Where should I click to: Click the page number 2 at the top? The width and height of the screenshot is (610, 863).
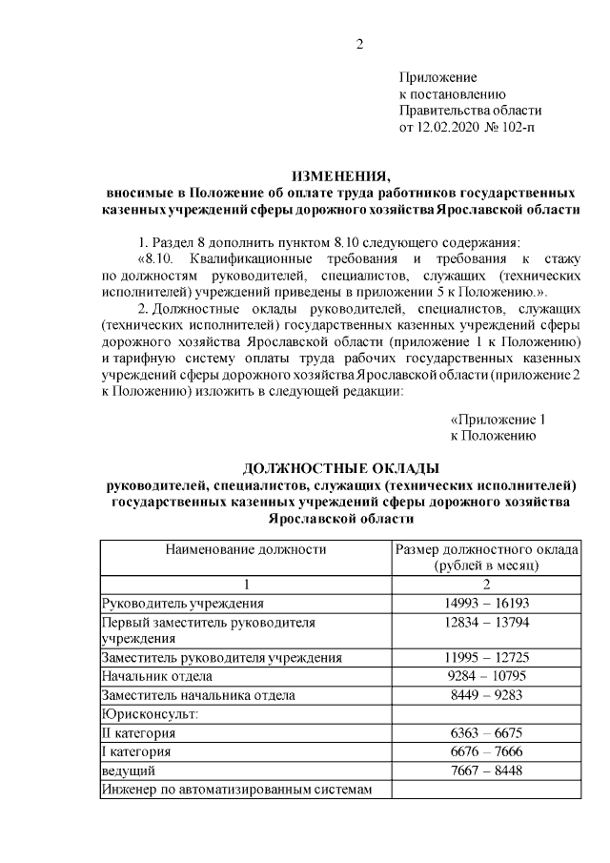click(x=359, y=44)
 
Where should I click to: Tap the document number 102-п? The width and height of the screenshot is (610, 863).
click(x=516, y=126)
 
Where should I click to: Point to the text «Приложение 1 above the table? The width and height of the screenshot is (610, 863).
click(x=498, y=419)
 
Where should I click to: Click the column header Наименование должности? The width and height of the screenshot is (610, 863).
click(x=246, y=549)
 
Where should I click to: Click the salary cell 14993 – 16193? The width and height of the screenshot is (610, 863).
click(x=486, y=604)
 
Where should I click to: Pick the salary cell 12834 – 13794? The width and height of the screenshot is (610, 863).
click(x=486, y=622)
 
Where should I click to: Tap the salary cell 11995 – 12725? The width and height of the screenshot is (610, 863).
click(x=486, y=658)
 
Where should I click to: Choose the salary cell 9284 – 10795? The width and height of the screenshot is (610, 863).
click(x=486, y=677)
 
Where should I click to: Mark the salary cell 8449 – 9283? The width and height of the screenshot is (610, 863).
click(x=486, y=695)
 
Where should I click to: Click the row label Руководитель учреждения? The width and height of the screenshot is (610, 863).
click(x=183, y=604)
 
